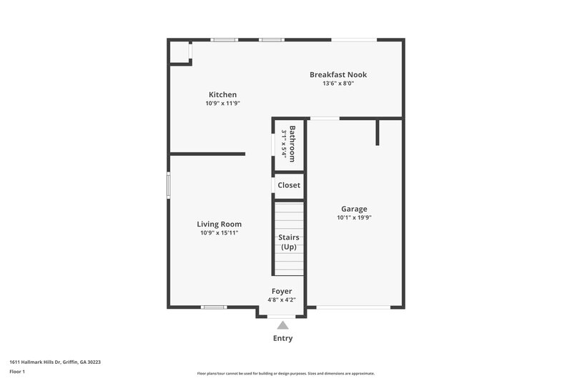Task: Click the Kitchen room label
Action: (x=222, y=94)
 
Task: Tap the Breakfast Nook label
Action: (x=337, y=74)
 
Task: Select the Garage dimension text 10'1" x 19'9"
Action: (x=355, y=218)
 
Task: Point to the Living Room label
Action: (x=220, y=224)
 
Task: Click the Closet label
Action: (x=289, y=185)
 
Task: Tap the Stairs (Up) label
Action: (x=289, y=242)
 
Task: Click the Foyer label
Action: (x=282, y=291)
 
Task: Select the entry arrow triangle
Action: (x=282, y=325)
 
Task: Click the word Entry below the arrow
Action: (x=282, y=338)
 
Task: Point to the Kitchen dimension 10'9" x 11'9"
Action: (x=222, y=104)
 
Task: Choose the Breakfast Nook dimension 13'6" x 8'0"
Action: (x=337, y=84)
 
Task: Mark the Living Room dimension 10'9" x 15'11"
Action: (x=220, y=232)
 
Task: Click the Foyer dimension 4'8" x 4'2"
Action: (x=282, y=300)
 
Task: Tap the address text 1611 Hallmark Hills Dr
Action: (x=55, y=362)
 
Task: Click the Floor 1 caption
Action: (x=17, y=372)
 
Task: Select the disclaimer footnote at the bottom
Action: (x=285, y=373)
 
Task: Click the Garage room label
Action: (x=354, y=209)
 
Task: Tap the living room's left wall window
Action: (x=168, y=184)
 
